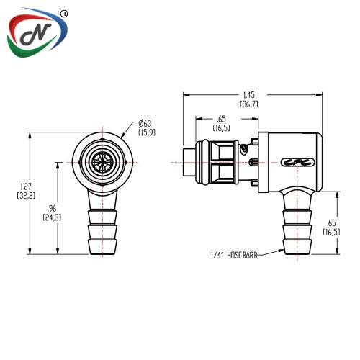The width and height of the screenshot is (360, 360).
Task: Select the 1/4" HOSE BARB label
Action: (234, 255)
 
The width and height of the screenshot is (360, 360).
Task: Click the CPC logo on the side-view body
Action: (297, 163)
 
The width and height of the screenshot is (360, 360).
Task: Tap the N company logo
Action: (37, 32)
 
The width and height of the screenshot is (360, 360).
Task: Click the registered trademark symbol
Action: (63, 14)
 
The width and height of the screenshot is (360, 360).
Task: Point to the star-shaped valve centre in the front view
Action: (102, 163)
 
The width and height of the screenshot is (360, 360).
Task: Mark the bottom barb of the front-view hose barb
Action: (102, 247)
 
